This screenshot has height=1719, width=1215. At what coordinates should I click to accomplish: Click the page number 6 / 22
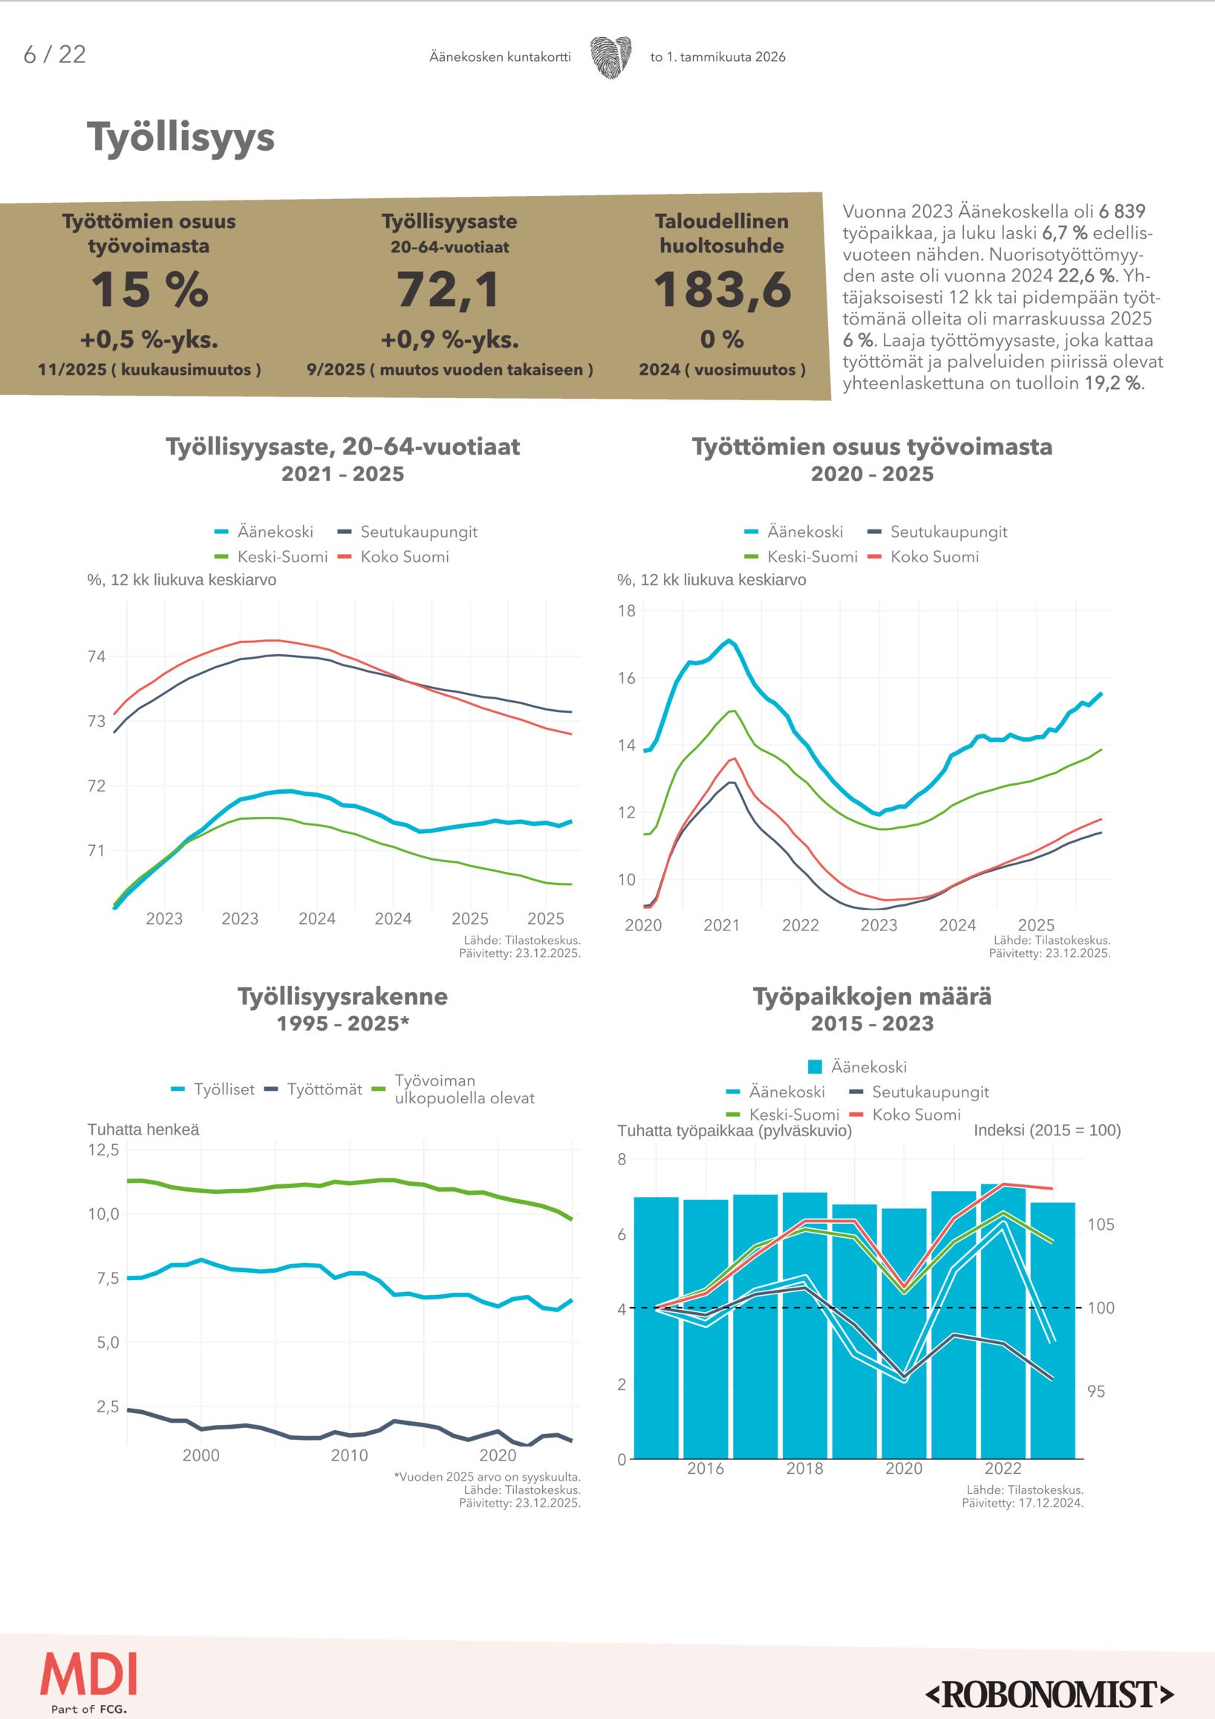coord(55,55)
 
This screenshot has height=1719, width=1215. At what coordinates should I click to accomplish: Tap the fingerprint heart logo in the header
coord(610,57)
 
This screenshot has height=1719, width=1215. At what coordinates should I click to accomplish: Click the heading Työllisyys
coord(180,139)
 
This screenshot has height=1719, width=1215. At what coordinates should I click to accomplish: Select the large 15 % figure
coord(150,290)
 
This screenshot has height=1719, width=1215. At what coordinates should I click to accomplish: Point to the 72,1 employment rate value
coord(449,290)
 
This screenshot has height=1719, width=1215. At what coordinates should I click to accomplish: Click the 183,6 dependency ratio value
coord(723,290)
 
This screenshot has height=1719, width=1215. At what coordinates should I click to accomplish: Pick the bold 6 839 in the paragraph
coord(1121,212)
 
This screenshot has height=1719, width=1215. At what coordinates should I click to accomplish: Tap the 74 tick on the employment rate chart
coord(97,656)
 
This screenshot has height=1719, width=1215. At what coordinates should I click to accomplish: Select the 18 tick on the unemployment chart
coord(627,611)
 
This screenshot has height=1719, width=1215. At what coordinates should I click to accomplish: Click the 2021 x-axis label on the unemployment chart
coord(722,925)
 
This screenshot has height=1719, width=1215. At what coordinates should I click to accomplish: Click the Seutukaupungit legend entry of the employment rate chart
coord(418,532)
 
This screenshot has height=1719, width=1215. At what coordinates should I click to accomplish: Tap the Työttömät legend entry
coord(324,1089)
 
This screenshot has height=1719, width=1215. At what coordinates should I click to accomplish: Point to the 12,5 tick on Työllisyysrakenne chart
coord(103,1150)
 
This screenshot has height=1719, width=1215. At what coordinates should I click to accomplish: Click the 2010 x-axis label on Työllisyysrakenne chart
coord(350,1455)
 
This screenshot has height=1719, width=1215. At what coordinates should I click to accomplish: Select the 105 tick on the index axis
coord(1101,1225)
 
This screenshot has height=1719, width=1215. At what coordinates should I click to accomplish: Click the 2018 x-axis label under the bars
coord(805,1468)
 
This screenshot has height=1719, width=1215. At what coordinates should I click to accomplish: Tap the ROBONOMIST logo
coord(1049,1694)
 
